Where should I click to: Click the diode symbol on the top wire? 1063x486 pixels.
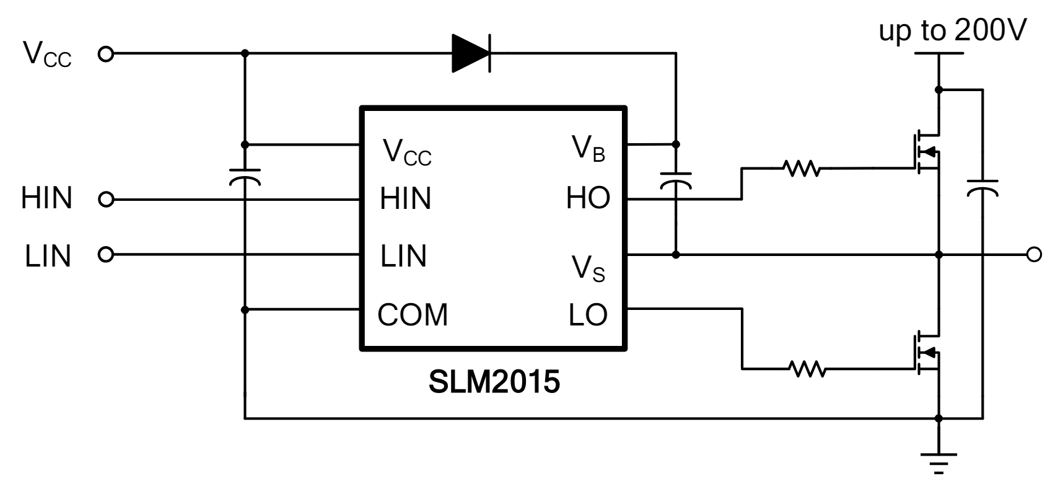(471, 53)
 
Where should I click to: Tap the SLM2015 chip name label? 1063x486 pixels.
(494, 382)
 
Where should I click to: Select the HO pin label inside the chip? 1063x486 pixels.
(588, 199)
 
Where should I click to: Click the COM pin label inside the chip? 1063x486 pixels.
(413, 315)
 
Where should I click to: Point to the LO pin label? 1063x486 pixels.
(588, 315)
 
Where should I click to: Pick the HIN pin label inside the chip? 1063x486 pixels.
(406, 199)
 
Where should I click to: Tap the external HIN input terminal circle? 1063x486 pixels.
(107, 200)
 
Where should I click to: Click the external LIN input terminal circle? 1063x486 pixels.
(107, 254)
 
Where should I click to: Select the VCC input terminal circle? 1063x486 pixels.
(107, 54)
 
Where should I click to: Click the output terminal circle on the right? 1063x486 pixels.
(1034, 254)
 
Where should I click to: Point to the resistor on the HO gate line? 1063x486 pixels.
(802, 168)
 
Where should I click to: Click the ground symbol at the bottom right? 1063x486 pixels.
(938, 461)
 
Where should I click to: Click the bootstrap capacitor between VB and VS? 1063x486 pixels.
(675, 180)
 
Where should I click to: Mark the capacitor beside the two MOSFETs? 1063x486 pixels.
(982, 187)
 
